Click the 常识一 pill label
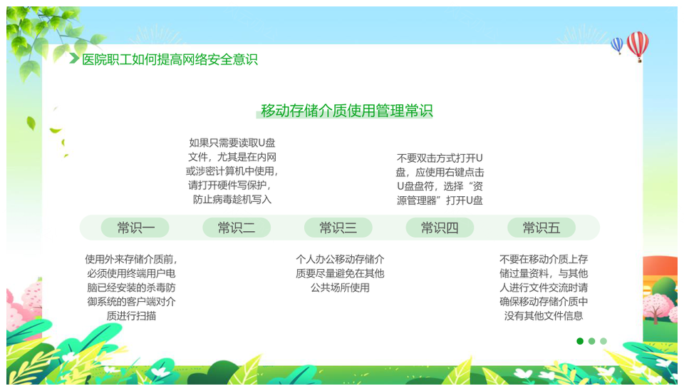point(135,228)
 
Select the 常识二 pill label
point(237,228)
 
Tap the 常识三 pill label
point(338,228)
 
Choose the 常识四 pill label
point(440,228)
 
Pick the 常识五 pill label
point(541,228)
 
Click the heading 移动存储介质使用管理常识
point(346,111)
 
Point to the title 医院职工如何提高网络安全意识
point(170,59)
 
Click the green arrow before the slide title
point(74,58)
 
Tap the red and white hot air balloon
point(638,46)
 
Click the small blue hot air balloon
point(617,45)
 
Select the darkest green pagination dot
point(580,341)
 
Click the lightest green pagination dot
point(603,341)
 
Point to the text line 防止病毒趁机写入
point(232,200)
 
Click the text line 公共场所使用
point(340,288)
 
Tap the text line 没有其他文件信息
point(544,316)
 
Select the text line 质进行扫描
point(131,316)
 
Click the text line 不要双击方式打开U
point(440,158)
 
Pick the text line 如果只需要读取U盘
point(232,143)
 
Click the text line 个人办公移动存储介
point(340,260)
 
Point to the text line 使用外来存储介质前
point(131,260)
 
